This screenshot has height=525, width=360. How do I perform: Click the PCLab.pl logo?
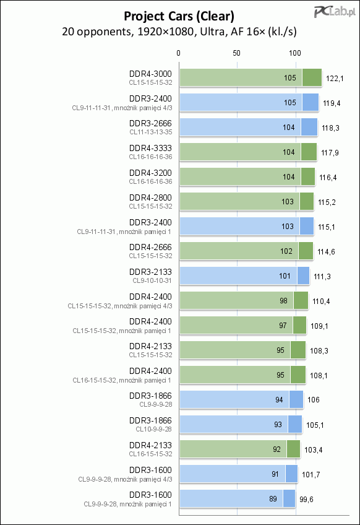tap(335, 12)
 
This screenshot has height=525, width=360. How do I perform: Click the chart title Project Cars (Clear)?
tap(179, 16)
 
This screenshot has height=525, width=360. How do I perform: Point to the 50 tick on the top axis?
tap(236, 53)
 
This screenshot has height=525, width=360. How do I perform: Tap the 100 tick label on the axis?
tap(295, 53)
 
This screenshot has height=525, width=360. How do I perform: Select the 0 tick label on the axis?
tap(178, 53)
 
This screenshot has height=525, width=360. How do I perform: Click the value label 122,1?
tap(335, 79)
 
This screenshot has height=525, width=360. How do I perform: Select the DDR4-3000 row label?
tap(150, 74)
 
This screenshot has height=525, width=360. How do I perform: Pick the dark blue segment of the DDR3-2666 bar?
tap(309, 128)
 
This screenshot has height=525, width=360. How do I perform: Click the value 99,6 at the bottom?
tap(306, 500)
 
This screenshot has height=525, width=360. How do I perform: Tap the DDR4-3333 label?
tap(150, 148)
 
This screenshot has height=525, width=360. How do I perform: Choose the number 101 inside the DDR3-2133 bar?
tap(285, 276)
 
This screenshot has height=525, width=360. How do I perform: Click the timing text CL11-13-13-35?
tap(151, 132)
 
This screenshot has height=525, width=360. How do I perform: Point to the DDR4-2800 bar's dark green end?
tap(307, 202)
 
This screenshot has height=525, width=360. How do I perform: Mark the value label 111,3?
tap(322, 277)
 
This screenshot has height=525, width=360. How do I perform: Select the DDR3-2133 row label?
tap(150, 272)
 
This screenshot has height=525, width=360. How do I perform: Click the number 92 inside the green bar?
tap(276, 449)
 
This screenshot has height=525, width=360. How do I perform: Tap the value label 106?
tap(314, 400)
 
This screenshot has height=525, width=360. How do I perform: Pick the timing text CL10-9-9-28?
tap(153, 429)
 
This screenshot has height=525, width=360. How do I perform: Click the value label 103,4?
tap(314, 450)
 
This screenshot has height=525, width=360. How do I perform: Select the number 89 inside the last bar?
tap(273, 499)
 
